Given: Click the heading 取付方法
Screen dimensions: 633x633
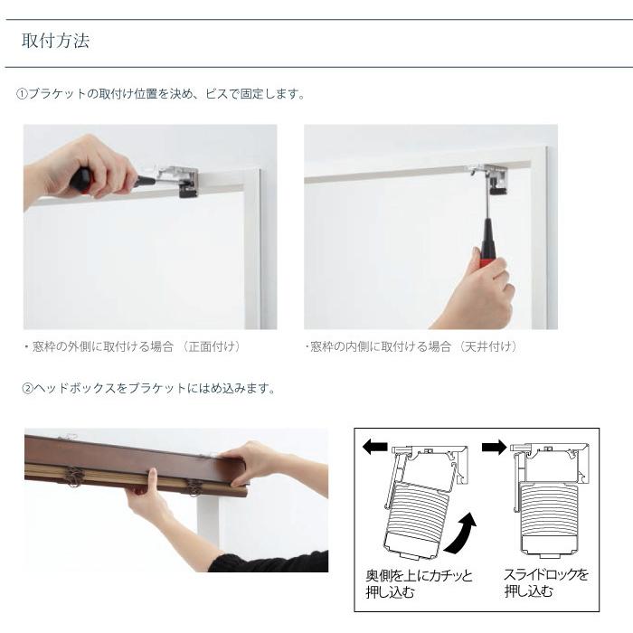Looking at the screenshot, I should [55, 42].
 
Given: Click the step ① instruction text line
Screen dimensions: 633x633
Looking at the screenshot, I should [161, 94].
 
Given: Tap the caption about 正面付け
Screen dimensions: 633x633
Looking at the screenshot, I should [132, 346].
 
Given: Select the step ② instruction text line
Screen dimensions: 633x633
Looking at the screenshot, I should [148, 388].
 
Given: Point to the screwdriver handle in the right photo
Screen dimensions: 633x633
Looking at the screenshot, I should [487, 241].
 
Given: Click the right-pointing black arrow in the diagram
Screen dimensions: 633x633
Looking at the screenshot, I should [494, 447].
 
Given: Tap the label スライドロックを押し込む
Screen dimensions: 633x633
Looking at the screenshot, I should [545, 583].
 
